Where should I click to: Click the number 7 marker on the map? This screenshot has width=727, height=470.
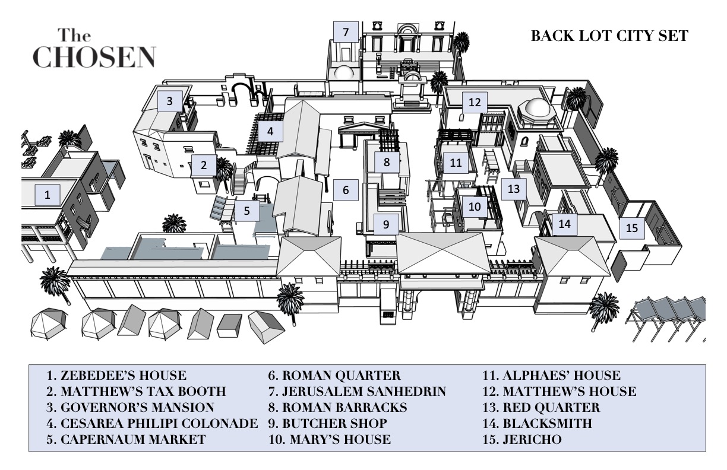(345, 32)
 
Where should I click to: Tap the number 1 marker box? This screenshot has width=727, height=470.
(48, 194)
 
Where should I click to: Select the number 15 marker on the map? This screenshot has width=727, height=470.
(632, 228)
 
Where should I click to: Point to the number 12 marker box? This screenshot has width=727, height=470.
(474, 103)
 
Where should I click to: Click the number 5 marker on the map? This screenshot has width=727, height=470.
(246, 210)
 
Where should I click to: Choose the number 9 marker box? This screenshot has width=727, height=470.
(386, 225)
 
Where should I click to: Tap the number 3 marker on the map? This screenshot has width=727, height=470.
(169, 101)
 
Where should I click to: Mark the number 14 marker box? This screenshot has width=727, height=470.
(564, 224)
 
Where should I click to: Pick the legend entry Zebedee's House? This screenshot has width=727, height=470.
(116, 376)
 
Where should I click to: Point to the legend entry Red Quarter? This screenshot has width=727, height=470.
(543, 408)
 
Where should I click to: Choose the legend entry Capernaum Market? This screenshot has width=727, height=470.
(127, 440)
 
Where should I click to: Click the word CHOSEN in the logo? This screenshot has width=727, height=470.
(94, 56)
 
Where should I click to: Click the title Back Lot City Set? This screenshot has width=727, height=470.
(609, 37)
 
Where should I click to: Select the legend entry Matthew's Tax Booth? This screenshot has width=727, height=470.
(137, 392)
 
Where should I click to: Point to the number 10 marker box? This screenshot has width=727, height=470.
(474, 207)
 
